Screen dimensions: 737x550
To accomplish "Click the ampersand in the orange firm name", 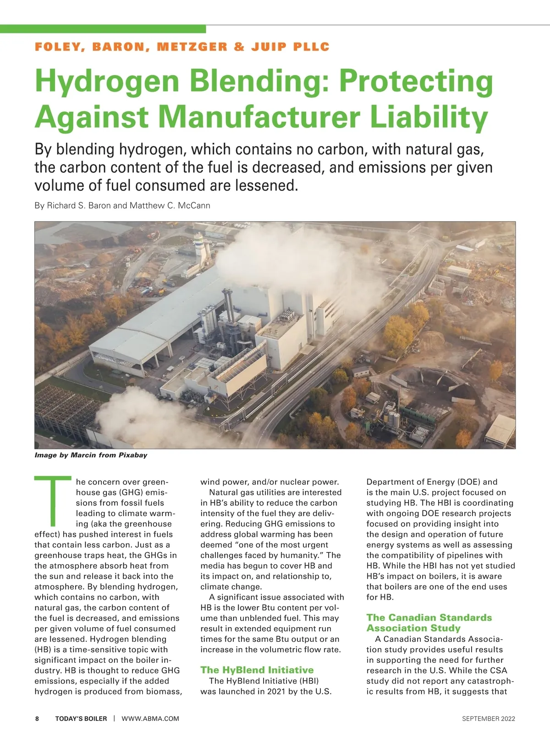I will [239, 47].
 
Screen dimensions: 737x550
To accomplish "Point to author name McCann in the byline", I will [192, 206].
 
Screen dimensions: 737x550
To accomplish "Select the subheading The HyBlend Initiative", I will [257, 670].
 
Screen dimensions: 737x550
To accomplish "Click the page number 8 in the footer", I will [37, 719].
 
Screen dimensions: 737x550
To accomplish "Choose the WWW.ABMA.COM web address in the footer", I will [150, 719].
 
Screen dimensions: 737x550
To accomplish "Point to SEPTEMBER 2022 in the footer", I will [488, 719].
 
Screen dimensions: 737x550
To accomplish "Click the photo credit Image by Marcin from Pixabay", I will [91, 455].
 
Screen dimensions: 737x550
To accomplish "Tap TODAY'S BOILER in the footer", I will [81, 719].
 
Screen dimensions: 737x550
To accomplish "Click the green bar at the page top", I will [103, 29].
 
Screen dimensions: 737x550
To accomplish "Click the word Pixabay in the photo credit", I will [133, 455].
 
